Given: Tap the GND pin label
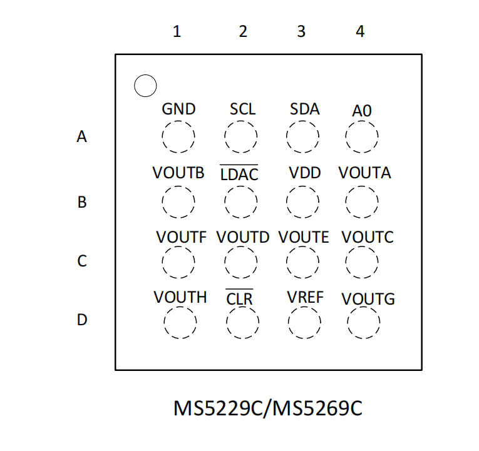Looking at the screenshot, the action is pos(178,109).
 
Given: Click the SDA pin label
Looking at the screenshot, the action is pos(304,109).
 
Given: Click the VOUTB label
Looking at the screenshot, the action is pos(178,173).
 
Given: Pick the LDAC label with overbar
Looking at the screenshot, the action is pos(239,173).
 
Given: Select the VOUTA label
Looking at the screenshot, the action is pos(365,173).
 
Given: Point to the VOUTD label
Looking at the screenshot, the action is pos(243,238).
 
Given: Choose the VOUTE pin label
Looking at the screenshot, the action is pos(304,238).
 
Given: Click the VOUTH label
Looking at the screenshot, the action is pos(180,298).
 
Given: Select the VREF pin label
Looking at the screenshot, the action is pos(305,298).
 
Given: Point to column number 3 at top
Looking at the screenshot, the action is pos(301,31).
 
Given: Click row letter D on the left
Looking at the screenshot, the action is pos(82,320).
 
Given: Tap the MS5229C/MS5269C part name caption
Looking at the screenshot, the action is pos(268,408).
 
